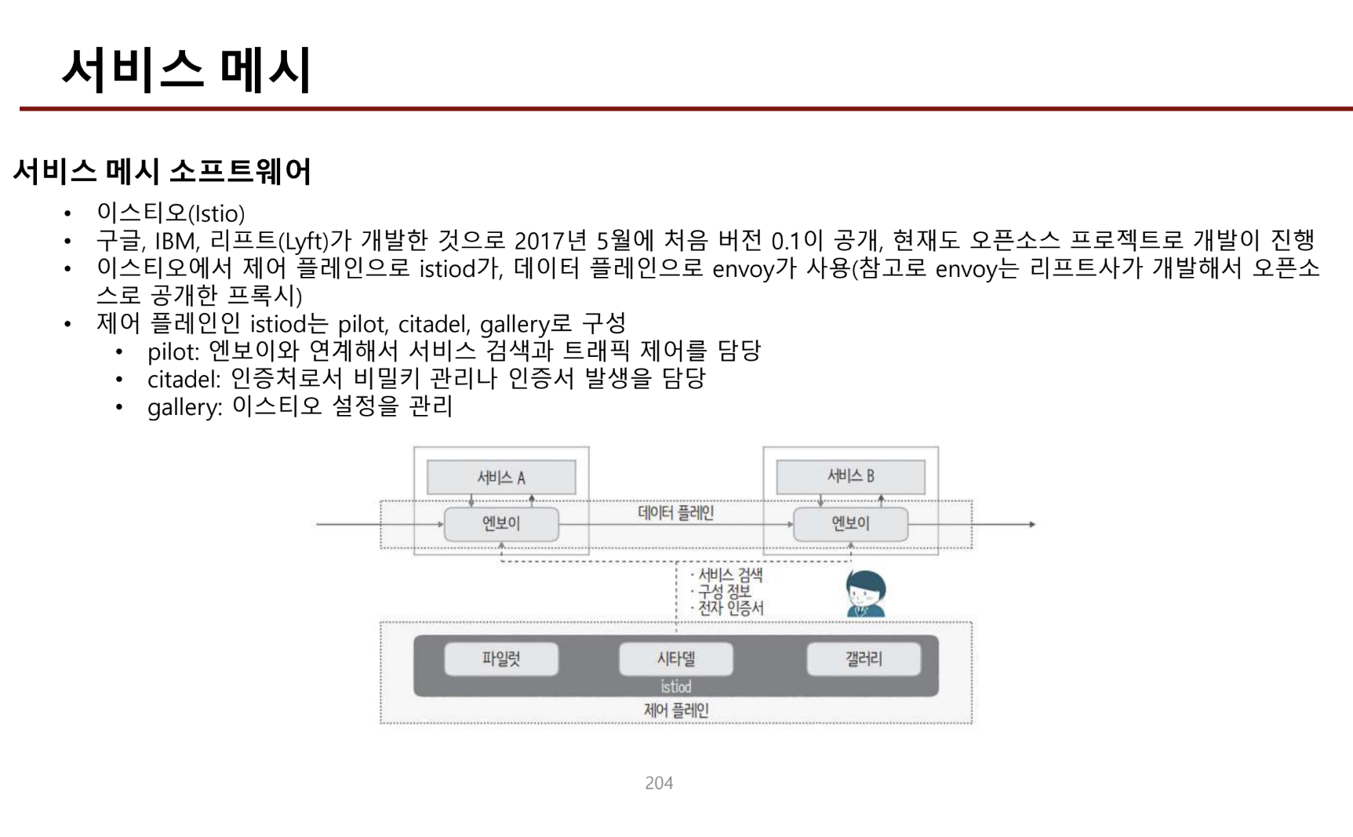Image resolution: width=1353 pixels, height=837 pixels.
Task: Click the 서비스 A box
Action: pyautogui.click(x=501, y=477)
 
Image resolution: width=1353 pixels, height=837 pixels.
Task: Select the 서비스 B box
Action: pyautogui.click(x=850, y=476)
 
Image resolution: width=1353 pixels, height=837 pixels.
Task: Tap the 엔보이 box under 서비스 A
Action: pyautogui.click(x=501, y=523)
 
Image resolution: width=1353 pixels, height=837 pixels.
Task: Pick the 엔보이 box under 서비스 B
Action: pyautogui.click(x=850, y=523)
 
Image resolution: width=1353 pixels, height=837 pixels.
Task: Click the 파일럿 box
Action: pyautogui.click(x=501, y=659)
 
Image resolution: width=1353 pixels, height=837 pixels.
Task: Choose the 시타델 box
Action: pyautogui.click(x=675, y=659)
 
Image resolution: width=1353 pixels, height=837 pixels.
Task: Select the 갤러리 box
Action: pyautogui.click(x=864, y=659)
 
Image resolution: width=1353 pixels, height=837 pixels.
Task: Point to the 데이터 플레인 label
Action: pyautogui.click(x=675, y=513)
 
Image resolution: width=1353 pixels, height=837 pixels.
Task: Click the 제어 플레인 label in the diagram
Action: pyautogui.click(x=675, y=711)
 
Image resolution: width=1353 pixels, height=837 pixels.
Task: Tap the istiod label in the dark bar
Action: pyautogui.click(x=675, y=687)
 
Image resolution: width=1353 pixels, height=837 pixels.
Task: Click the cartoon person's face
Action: pyautogui.click(x=866, y=595)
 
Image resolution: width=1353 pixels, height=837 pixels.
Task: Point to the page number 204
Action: pyautogui.click(x=659, y=783)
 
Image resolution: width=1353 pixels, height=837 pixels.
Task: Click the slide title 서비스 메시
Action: pyautogui.click(x=187, y=70)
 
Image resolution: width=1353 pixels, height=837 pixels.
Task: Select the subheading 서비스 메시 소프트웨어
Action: pyautogui.click(x=162, y=171)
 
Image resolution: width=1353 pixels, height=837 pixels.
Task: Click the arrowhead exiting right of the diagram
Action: pyautogui.click(x=1032, y=524)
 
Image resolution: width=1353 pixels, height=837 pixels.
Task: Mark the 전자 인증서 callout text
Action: pyautogui.click(x=730, y=608)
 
